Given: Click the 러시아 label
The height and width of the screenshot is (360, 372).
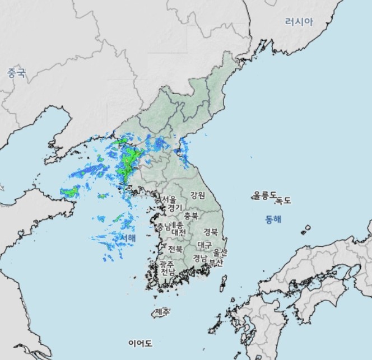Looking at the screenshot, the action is [299, 22].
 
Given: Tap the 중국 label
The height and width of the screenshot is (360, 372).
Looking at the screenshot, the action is [16, 73].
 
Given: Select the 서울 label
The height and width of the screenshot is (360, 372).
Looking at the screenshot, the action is [169, 199].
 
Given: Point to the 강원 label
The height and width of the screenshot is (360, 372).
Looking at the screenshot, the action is [198, 195].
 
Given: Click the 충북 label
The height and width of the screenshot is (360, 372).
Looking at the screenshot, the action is [191, 216].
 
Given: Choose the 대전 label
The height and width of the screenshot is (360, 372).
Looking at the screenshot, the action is [179, 232].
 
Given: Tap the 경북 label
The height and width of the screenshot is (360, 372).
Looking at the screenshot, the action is [211, 231].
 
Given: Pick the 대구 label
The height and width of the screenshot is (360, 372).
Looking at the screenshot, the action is [204, 245].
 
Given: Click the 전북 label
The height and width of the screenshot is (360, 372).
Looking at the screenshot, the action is [175, 249].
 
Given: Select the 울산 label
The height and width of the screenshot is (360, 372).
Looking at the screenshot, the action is [221, 253].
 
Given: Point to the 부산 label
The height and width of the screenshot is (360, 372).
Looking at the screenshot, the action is [216, 262].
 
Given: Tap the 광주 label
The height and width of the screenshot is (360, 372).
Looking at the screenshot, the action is [166, 263].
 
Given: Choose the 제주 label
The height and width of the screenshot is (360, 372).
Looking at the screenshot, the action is [162, 311].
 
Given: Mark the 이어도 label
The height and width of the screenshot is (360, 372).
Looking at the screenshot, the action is [140, 343].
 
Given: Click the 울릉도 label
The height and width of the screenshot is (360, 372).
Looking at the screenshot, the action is [264, 195].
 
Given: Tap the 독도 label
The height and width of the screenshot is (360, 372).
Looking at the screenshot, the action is [283, 199].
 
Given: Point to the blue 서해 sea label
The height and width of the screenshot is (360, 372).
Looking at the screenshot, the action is [128, 238].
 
